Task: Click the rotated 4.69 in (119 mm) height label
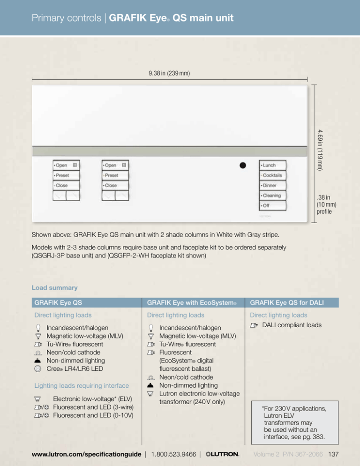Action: point(319,149)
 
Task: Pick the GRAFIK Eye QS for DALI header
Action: point(291,303)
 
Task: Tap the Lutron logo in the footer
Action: point(222,454)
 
